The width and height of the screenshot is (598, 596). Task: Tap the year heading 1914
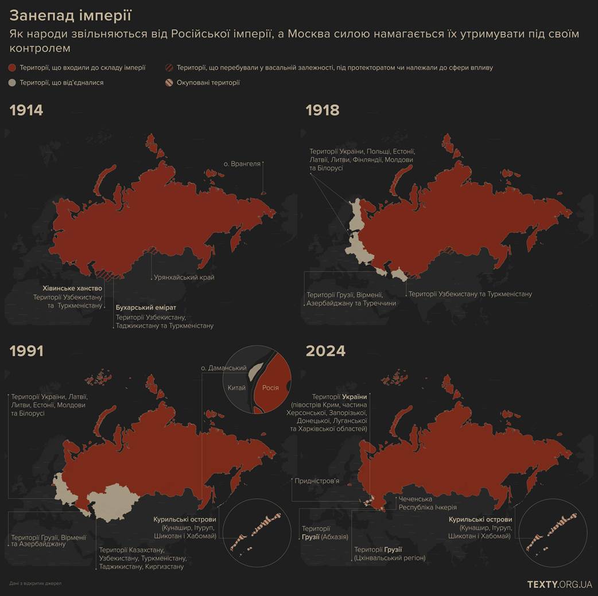click(26, 110)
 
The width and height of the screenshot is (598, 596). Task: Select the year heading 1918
click(323, 110)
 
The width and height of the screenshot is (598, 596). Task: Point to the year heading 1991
click(26, 351)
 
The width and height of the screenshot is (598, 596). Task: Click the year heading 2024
click(325, 351)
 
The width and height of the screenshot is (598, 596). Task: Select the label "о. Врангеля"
click(242, 163)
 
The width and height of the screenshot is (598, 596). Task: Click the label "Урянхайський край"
click(184, 278)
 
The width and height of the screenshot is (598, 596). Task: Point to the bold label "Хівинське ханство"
click(72, 288)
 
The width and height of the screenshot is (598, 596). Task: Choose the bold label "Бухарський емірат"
click(146, 307)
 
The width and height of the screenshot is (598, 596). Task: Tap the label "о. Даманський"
click(223, 368)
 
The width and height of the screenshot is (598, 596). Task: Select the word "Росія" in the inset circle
click(270, 388)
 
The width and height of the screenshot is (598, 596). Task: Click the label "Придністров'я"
click(317, 481)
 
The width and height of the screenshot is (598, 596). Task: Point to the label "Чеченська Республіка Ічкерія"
click(428, 503)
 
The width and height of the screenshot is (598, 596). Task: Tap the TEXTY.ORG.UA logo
click(559, 584)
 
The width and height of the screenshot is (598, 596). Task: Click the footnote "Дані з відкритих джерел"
click(35, 583)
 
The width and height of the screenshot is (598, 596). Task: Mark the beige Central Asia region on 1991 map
click(118, 501)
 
